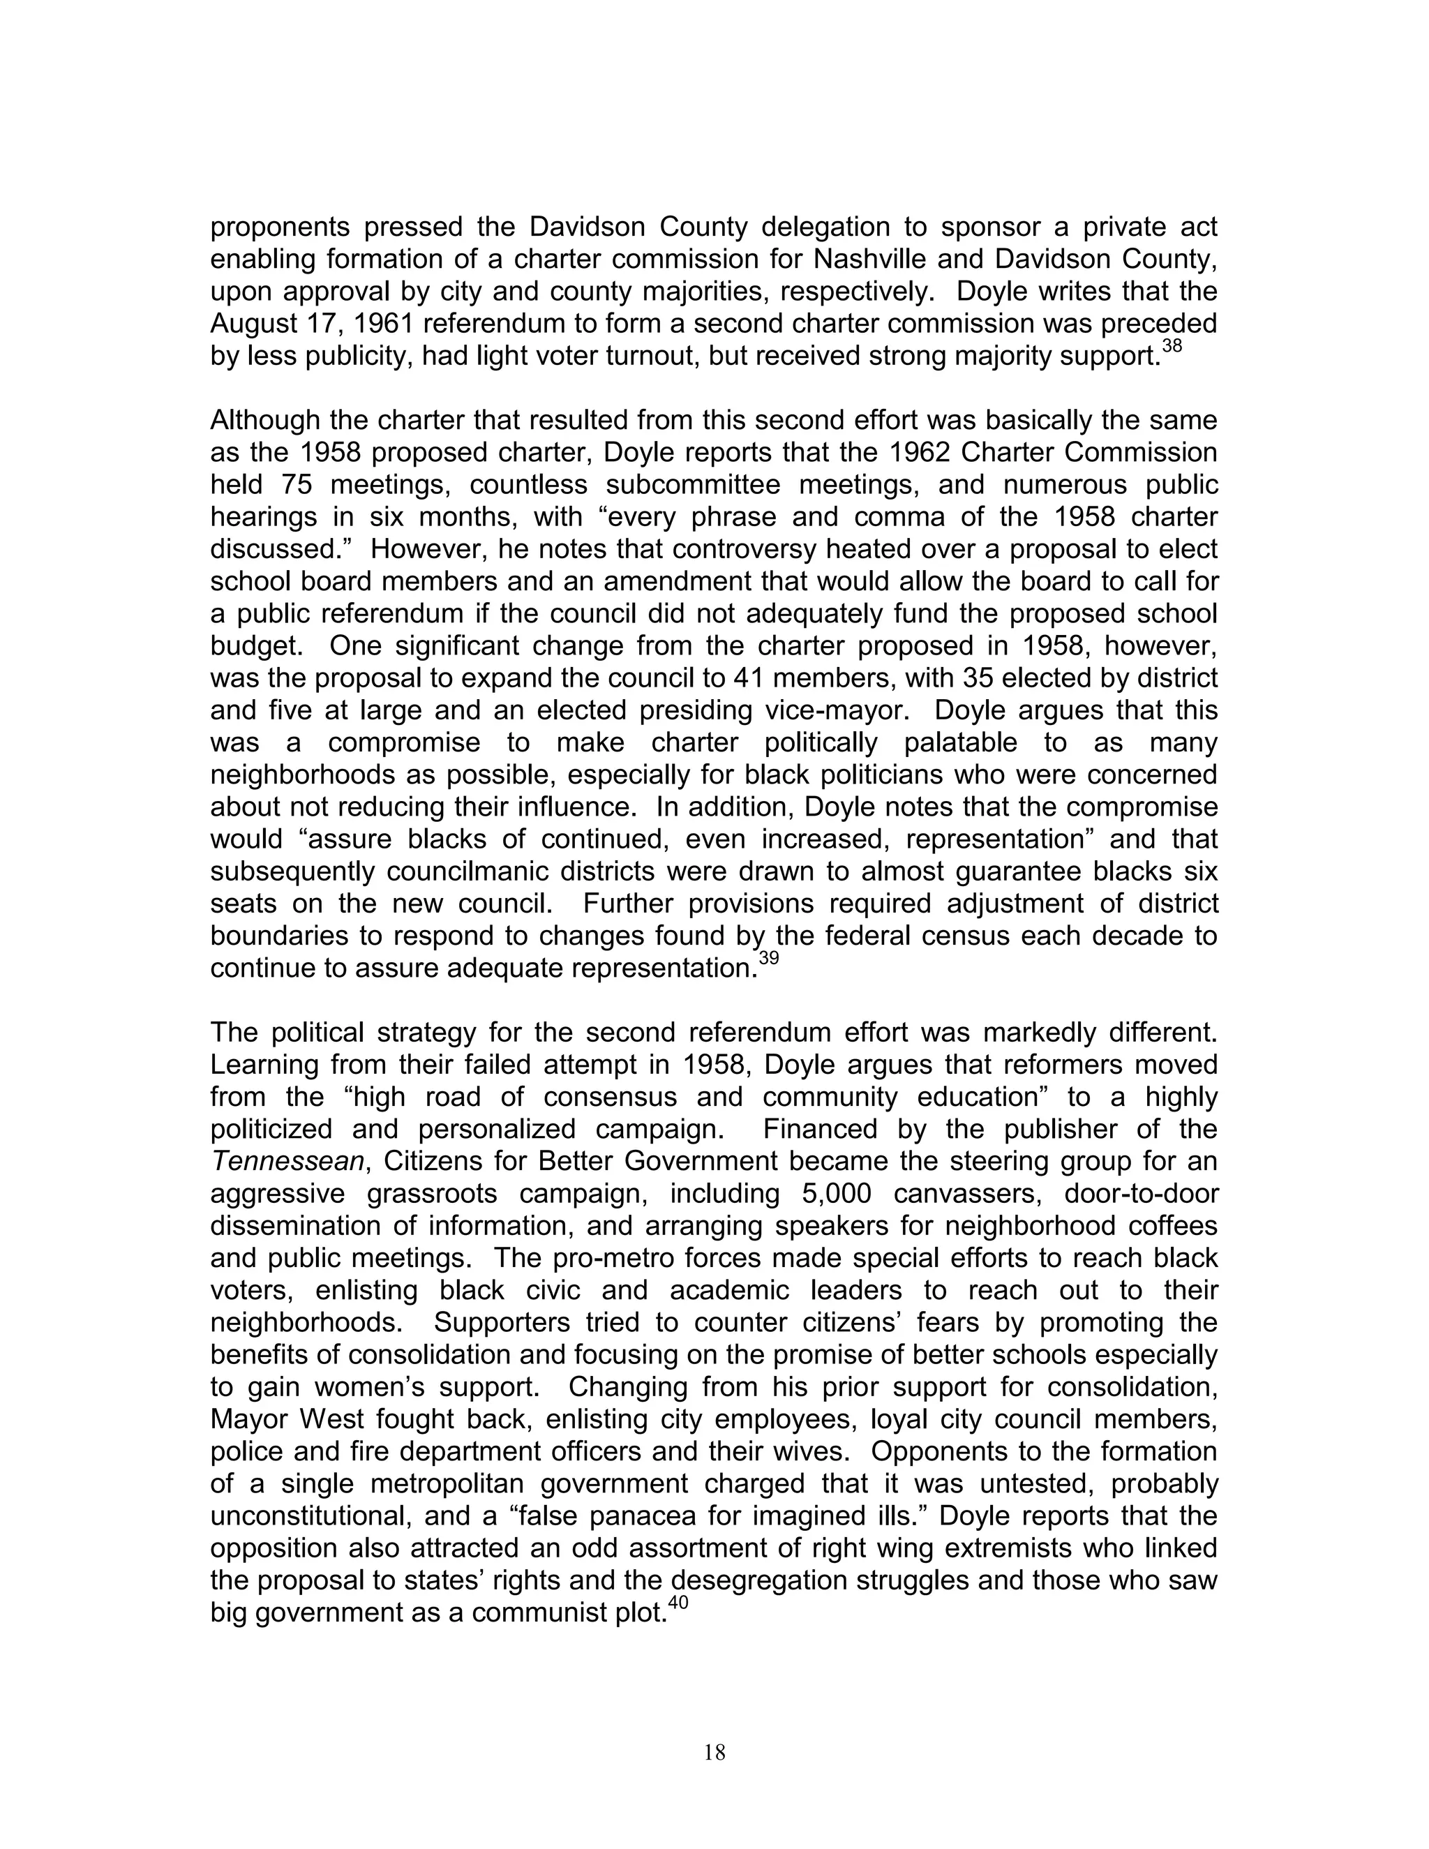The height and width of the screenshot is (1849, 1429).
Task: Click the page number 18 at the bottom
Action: [714, 1753]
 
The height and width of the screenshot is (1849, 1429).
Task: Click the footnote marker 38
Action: [1172, 346]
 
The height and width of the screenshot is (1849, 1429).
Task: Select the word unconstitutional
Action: [309, 1516]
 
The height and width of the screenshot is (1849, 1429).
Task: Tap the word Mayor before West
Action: [246, 1420]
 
